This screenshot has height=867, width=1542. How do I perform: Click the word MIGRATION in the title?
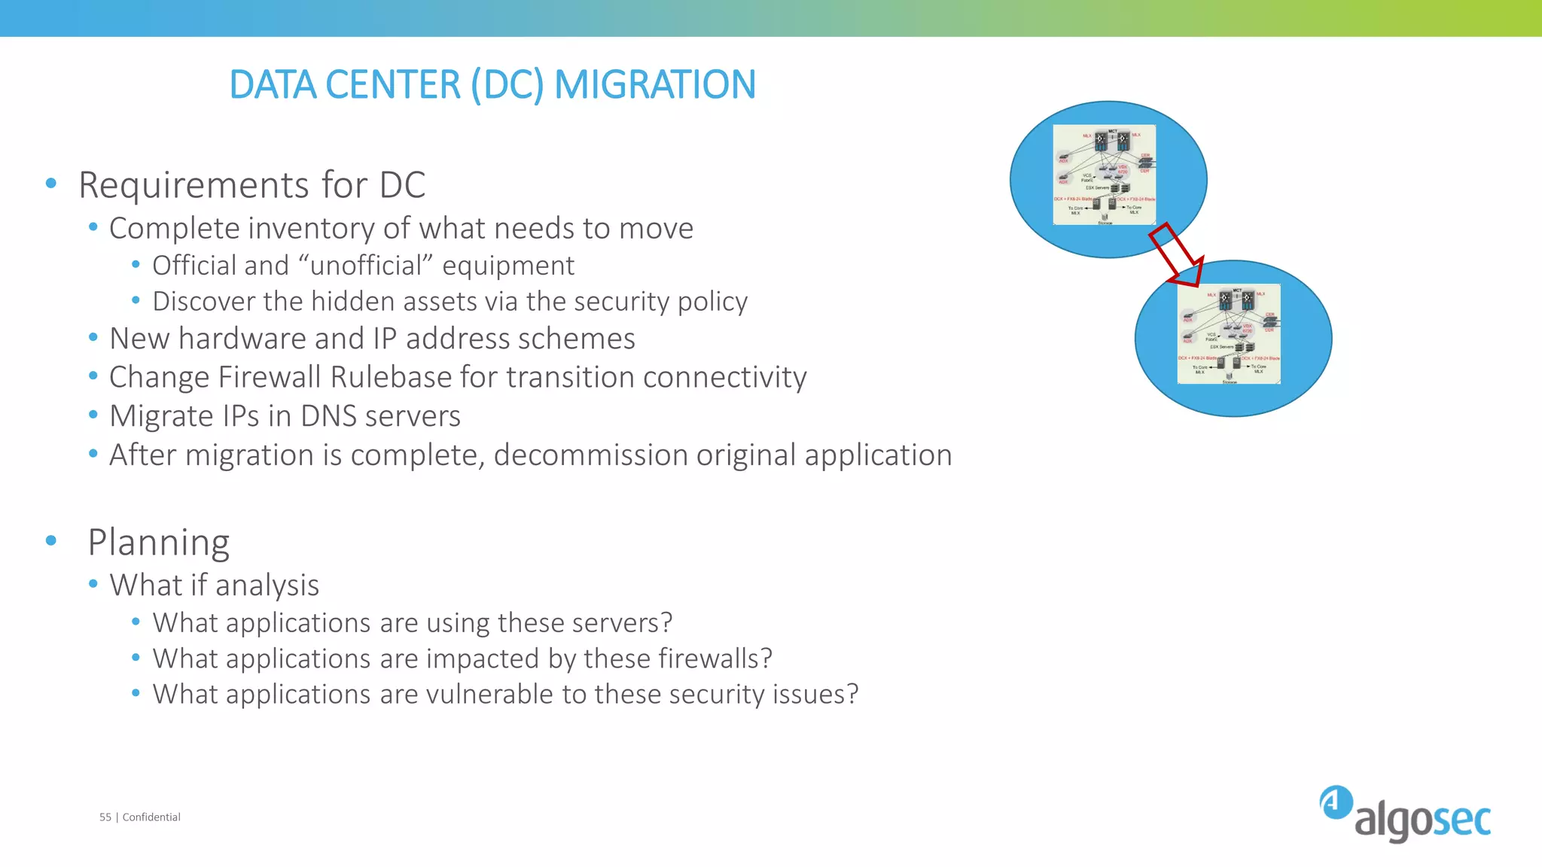click(654, 84)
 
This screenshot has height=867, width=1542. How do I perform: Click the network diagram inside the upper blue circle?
click(1104, 175)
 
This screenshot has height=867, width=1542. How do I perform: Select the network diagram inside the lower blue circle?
click(1229, 334)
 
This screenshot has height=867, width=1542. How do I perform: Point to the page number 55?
click(105, 817)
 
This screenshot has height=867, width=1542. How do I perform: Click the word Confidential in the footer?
click(151, 817)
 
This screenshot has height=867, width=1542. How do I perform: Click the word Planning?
click(158, 543)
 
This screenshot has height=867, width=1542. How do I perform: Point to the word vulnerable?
click(490, 694)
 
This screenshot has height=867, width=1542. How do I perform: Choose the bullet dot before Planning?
click(50, 540)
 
